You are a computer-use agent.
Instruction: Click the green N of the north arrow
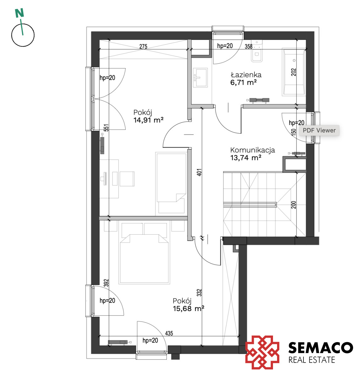pos(19,13)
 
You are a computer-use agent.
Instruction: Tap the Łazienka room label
pos(246,75)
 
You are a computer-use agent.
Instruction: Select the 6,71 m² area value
pos(243,83)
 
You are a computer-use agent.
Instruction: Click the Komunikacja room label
pos(253,150)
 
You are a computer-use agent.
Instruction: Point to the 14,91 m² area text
pos(148,120)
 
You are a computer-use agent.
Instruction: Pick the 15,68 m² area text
pos(188,309)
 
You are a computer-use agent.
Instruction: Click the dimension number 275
pos(143,46)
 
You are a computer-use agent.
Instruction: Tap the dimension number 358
pos(248,46)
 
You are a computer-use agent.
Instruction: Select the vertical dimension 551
pos(106,128)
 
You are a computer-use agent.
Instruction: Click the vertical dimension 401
pos(199,172)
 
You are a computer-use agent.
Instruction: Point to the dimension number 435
pos(169,333)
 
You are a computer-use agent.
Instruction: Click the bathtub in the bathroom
pos(294,72)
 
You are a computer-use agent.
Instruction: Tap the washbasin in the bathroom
pos(200,77)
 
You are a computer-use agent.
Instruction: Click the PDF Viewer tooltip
pos(319,130)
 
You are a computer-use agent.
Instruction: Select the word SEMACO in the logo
pos(320,347)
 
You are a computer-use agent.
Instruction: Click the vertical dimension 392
pos(106,283)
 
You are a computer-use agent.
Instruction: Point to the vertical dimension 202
pos(294,72)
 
